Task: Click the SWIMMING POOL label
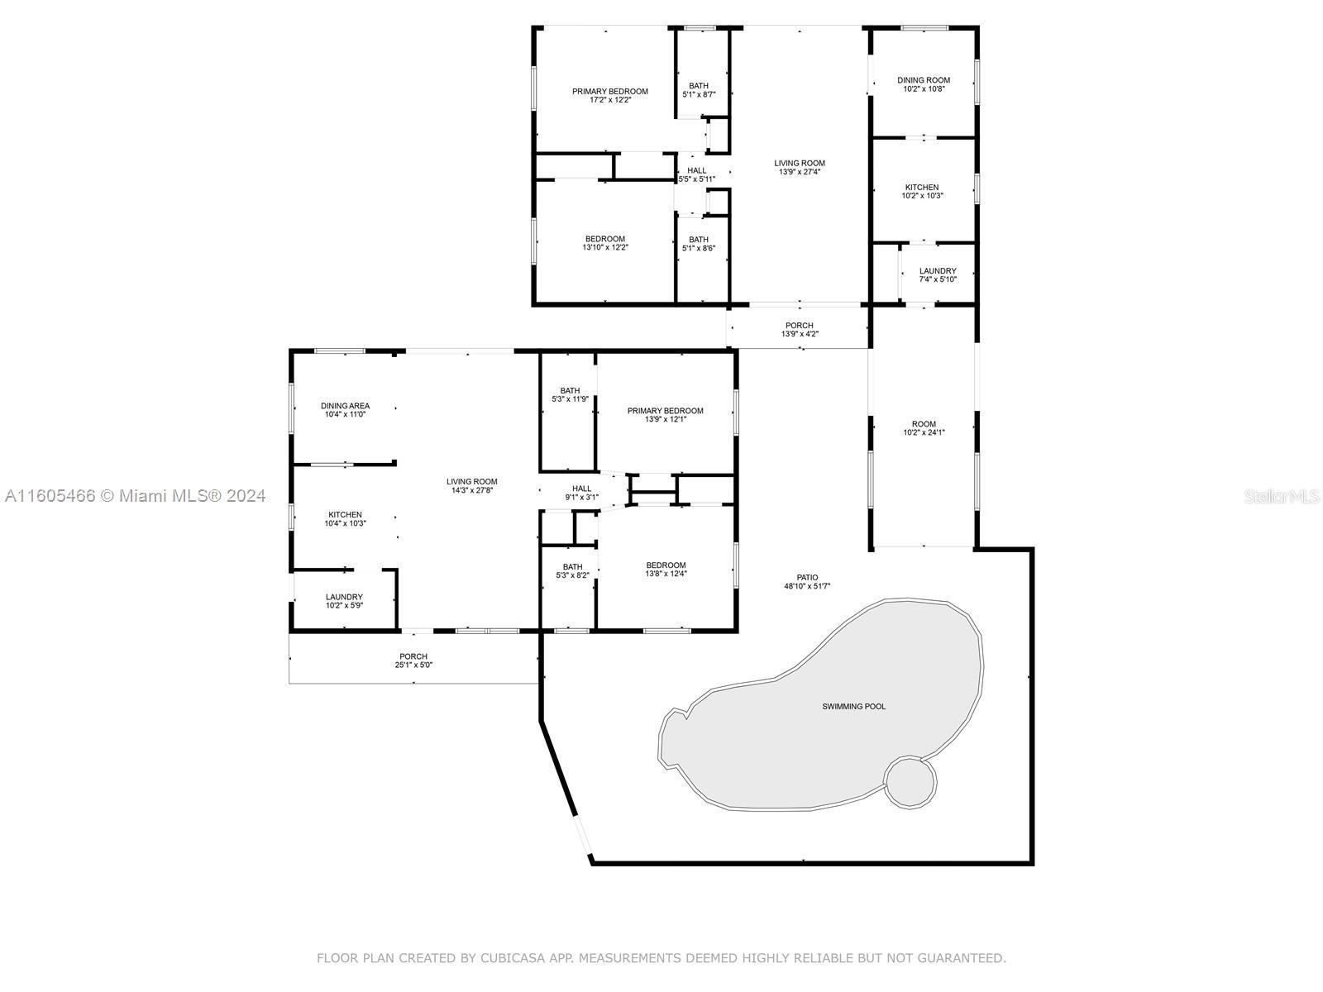point(853,706)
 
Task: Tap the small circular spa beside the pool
point(910,782)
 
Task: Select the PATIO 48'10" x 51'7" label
point(807,581)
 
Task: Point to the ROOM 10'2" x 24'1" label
point(924,427)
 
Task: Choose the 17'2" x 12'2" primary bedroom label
point(610,95)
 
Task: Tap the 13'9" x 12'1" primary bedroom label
point(666,414)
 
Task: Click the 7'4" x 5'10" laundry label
point(937,274)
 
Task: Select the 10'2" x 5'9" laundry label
point(344,600)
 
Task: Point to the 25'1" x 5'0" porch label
point(413,661)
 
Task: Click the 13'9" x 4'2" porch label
point(800,329)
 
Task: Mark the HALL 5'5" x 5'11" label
point(697,174)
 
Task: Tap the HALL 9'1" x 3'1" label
point(581,492)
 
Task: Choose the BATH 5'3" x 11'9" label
point(570,394)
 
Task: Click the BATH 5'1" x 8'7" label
point(699,90)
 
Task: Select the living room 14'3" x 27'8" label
point(472,485)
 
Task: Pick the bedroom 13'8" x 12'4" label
point(666,569)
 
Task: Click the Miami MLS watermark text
point(135,495)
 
